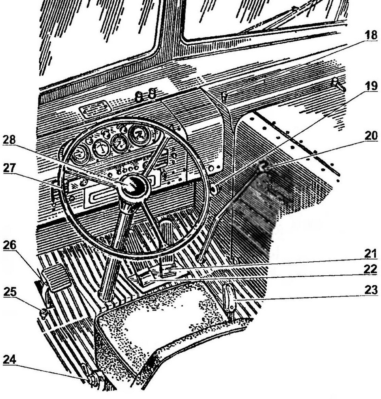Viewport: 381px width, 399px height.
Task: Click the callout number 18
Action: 370,35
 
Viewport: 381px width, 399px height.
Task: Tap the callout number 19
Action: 370,86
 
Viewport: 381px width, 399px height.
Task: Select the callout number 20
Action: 370,136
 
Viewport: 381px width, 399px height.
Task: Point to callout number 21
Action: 370,254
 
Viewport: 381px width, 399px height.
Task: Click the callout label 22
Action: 370,269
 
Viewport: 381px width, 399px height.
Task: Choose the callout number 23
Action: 370,290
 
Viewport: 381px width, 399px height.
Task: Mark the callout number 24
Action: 10,359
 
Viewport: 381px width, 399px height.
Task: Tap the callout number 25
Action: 10,292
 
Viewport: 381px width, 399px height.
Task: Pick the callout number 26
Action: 10,245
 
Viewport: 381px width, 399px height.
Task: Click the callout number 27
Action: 10,168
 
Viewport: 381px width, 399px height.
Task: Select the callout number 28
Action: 10,140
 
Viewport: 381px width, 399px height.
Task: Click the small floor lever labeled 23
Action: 230,298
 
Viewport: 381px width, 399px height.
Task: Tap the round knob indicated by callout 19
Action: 215,189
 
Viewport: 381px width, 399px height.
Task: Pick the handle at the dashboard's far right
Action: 338,85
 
